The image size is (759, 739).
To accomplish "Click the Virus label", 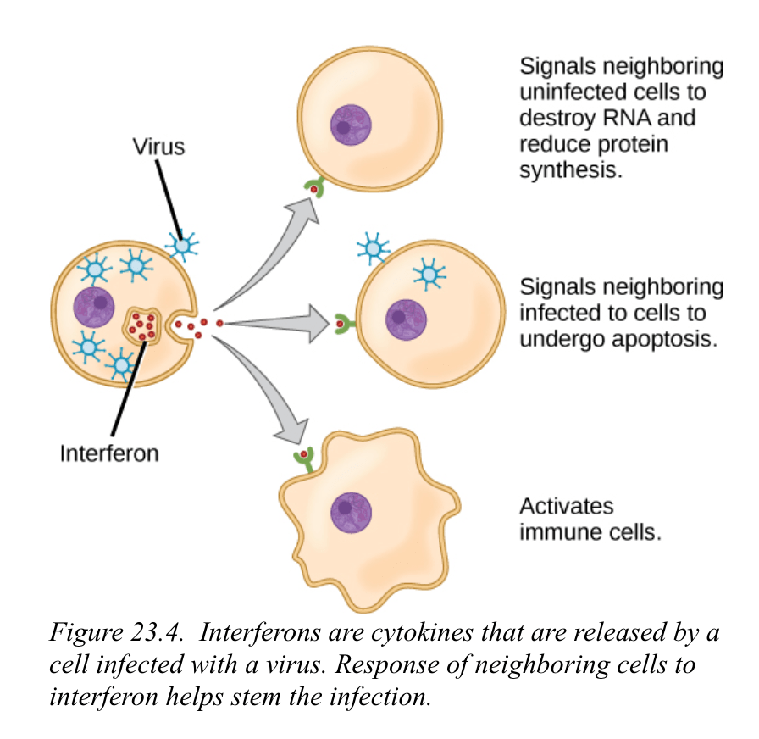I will click(158, 147).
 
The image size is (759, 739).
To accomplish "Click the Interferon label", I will click(109, 453).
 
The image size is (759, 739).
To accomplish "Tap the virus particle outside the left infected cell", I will click(181, 246).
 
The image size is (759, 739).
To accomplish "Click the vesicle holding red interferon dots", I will click(143, 326).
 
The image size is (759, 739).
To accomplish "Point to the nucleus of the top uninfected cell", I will click(351, 125).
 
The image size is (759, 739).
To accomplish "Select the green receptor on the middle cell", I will click(342, 324).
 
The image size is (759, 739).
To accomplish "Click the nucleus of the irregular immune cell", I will click(351, 512).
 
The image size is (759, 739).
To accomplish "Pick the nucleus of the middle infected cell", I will click(407, 320).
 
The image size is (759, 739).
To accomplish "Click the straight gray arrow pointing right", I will click(280, 322).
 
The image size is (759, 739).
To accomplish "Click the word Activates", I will click(566, 506).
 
